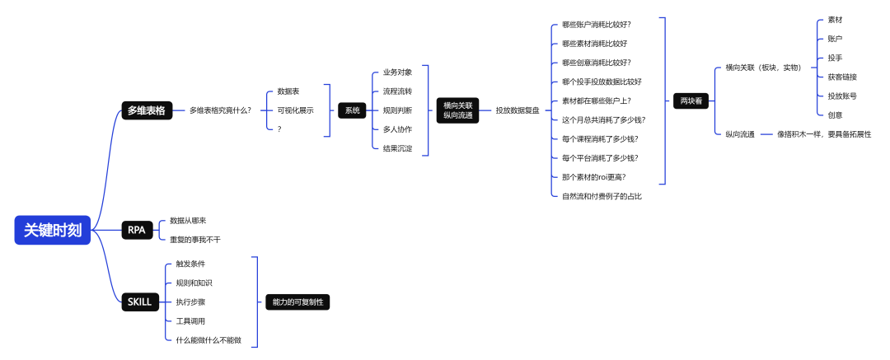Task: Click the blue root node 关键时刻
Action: pyautogui.click(x=52, y=231)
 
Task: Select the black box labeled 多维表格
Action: pyautogui.click(x=146, y=110)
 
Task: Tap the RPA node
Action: pyautogui.click(x=136, y=231)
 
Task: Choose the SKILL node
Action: pyautogui.click(x=140, y=302)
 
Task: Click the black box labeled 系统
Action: pyautogui.click(x=352, y=110)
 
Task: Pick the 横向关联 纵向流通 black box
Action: pyautogui.click(x=458, y=110)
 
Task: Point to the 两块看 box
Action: pyautogui.click(x=691, y=101)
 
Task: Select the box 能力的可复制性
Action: pyautogui.click(x=297, y=302)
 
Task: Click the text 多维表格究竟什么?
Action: pyautogui.click(x=220, y=110)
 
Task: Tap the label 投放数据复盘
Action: pyautogui.click(x=518, y=110)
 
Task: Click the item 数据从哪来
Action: pyautogui.click(x=188, y=221)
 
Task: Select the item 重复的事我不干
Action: pyautogui.click(x=195, y=240)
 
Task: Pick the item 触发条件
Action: pyautogui.click(x=190, y=264)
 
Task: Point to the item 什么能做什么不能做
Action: pyautogui.click(x=208, y=340)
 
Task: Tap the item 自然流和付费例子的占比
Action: pyautogui.click(x=602, y=196)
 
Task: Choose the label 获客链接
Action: pyautogui.click(x=842, y=77)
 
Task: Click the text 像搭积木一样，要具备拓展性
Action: pyautogui.click(x=824, y=133)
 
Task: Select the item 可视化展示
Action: pyautogui.click(x=295, y=110)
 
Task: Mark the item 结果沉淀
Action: pyautogui.click(x=397, y=148)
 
